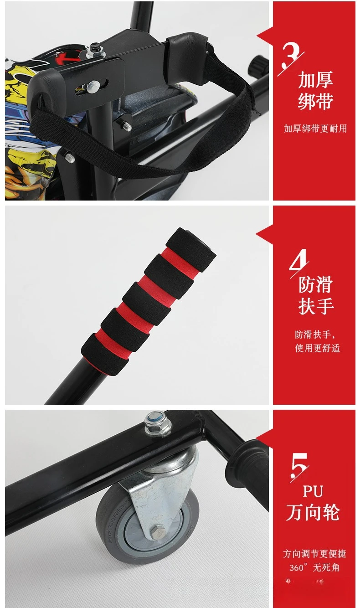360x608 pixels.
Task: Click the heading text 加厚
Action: (x=315, y=80)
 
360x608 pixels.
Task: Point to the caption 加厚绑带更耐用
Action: (x=315, y=129)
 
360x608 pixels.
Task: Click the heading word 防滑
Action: (x=316, y=284)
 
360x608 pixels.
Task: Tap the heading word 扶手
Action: (x=316, y=306)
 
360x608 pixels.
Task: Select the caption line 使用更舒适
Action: (x=318, y=348)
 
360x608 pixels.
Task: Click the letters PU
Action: (x=313, y=491)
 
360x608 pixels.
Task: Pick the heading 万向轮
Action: (x=313, y=512)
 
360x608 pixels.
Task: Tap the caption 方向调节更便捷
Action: (x=315, y=554)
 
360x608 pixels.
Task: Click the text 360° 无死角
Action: (x=314, y=567)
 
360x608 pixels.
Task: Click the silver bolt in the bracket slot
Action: (x=93, y=86)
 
